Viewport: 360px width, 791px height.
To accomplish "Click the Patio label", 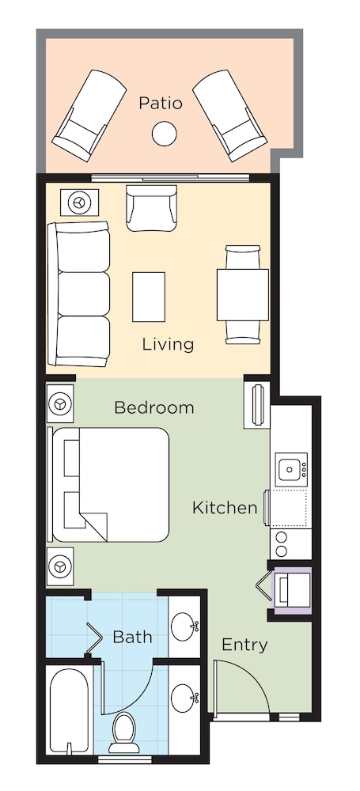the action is [x=160, y=104].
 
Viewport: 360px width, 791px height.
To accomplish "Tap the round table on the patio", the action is [x=165, y=134].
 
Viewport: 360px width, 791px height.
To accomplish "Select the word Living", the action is [x=169, y=345].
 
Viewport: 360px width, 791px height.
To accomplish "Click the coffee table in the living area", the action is [x=149, y=297].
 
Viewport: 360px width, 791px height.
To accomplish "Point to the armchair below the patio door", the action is [x=151, y=208].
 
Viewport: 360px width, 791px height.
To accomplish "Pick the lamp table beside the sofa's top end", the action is [x=79, y=202].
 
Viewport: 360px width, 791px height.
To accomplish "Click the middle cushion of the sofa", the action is [x=83, y=293].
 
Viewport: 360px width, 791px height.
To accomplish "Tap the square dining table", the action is [x=243, y=295].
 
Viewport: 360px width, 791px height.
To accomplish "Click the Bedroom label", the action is [x=154, y=407].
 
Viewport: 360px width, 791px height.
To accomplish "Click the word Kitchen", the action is [x=225, y=508].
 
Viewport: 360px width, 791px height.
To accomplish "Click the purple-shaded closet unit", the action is [x=292, y=591].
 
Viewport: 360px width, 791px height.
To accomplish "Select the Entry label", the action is [x=244, y=645].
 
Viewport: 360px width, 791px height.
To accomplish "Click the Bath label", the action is [x=132, y=637].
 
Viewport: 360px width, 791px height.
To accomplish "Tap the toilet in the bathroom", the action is [x=124, y=733].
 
